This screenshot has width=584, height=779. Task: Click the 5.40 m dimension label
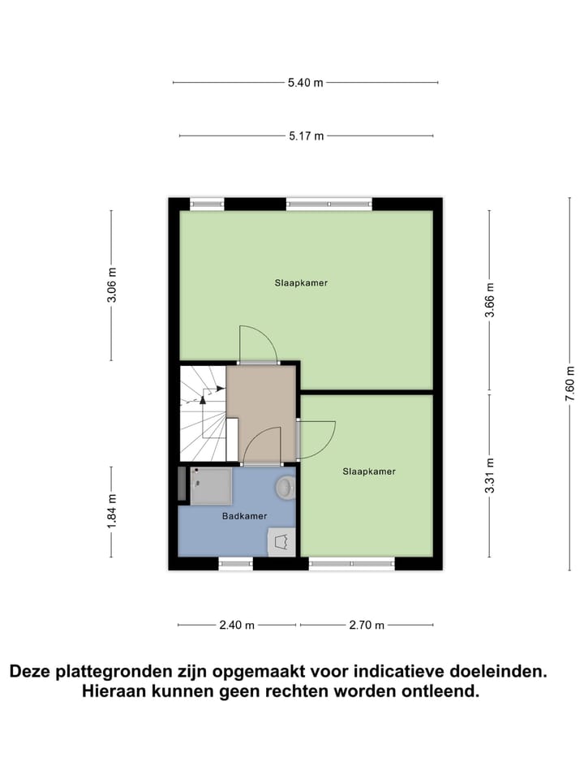point(305,83)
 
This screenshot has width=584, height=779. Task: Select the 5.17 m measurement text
point(305,136)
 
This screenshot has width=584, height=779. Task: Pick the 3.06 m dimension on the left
point(112,285)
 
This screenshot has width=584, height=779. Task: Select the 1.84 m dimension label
point(112,511)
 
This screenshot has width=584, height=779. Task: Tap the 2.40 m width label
point(236,625)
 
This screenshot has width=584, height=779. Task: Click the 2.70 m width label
point(366,625)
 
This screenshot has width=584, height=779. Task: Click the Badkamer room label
point(244,516)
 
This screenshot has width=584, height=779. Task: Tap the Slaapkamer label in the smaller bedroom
point(369,471)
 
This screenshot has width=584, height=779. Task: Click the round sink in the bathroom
point(285,487)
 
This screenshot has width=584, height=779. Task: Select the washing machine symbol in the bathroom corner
point(281,541)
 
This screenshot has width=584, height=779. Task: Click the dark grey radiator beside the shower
point(182,485)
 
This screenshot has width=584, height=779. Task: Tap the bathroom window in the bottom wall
point(235,563)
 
